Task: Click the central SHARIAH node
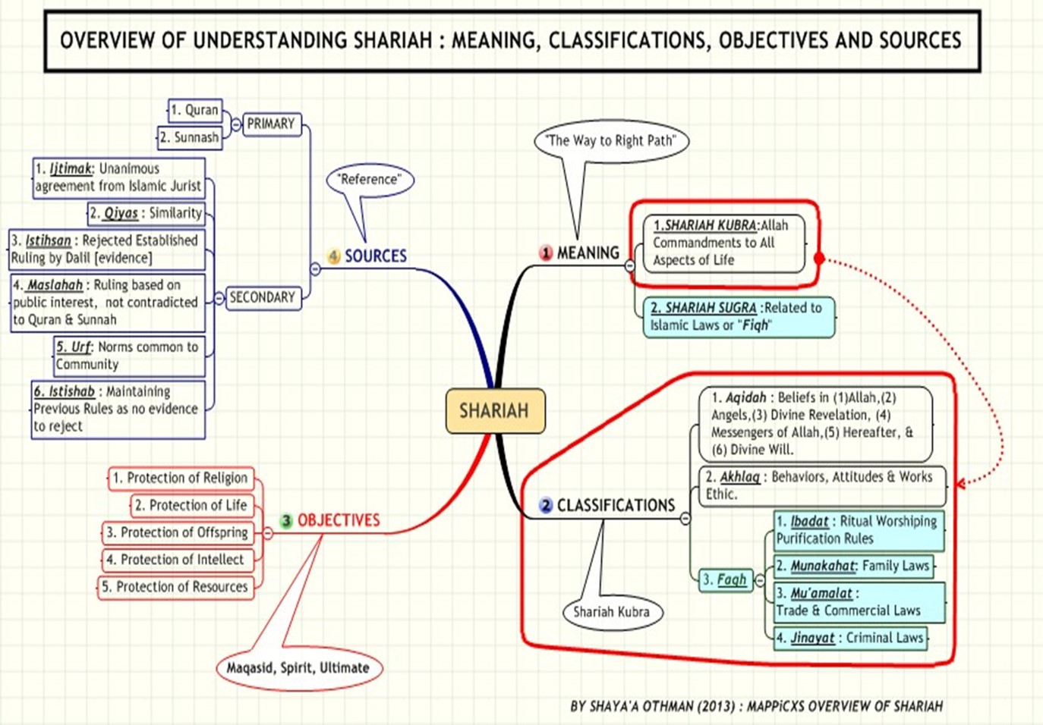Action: point(495,411)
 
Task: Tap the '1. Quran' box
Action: point(194,110)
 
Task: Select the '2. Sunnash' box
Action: point(190,137)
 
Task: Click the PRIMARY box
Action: point(271,124)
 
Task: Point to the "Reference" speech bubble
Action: point(370,180)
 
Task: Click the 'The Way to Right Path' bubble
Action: point(611,140)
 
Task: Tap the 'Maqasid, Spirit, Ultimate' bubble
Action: point(298,668)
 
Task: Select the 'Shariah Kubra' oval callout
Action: point(612,612)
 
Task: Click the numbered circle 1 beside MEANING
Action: point(546,253)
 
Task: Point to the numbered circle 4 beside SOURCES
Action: point(334,256)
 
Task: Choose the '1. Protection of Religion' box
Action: point(180,478)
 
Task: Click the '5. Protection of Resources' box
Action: point(175,587)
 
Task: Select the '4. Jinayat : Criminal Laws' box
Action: point(850,638)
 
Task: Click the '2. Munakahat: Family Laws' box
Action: point(852,566)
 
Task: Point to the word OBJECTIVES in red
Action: point(339,520)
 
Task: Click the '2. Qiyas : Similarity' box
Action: point(147,213)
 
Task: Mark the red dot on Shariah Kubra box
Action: point(819,259)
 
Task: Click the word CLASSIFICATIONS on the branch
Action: point(616,505)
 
